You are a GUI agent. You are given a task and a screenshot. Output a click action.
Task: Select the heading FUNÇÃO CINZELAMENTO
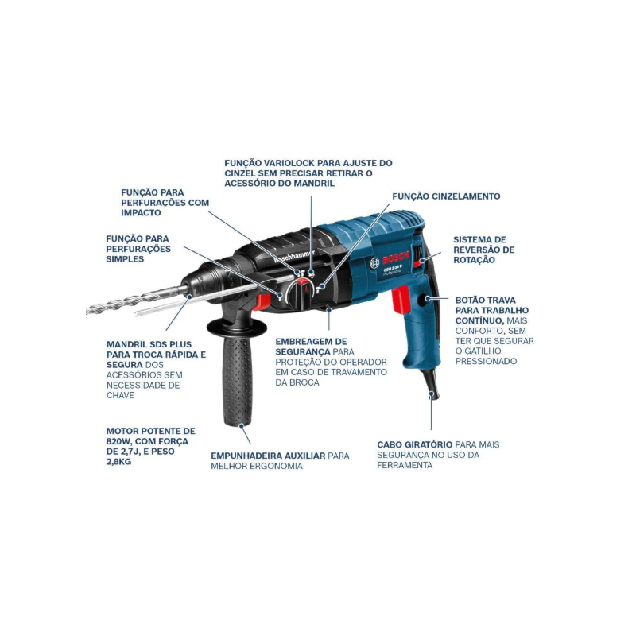(446, 196)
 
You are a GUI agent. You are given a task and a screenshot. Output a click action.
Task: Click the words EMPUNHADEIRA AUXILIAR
(268, 456)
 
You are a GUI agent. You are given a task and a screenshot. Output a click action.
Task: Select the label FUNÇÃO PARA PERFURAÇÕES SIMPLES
(138, 248)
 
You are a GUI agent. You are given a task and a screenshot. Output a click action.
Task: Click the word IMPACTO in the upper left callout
(141, 213)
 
